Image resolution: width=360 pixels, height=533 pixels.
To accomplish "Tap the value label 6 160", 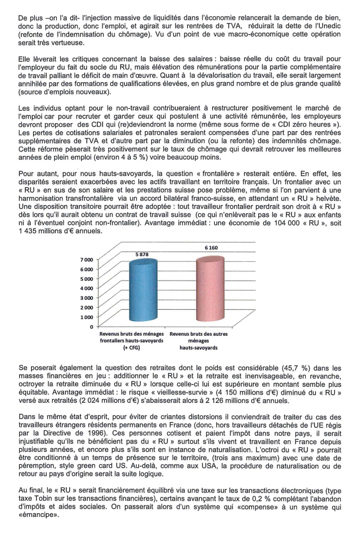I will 212,248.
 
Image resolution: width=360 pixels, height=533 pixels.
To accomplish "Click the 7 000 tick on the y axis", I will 86,259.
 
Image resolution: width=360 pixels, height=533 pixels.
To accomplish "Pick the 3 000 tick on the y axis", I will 86,297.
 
